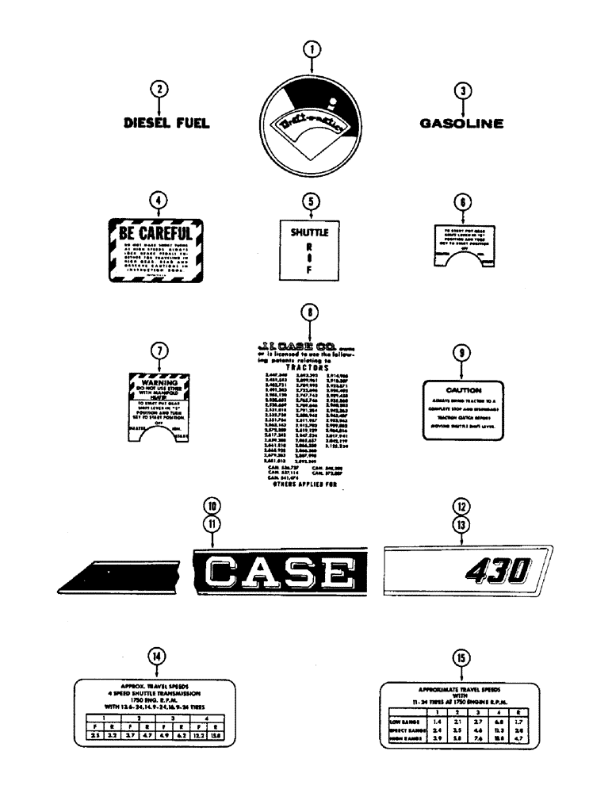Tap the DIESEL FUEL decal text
[166, 123]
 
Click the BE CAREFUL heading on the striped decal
[155, 235]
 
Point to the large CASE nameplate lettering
[277, 573]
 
